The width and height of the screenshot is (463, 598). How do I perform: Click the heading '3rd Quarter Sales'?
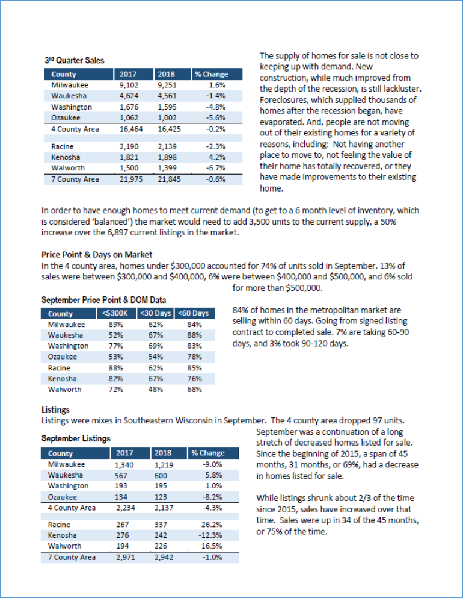(74, 60)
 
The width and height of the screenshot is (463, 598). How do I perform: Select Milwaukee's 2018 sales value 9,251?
(166, 86)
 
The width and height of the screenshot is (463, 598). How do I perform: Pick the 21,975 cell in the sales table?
(127, 179)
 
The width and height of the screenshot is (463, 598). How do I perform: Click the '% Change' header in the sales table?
(211, 75)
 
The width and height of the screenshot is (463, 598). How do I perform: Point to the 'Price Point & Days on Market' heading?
(97, 255)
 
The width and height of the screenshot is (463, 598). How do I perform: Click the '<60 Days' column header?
(193, 313)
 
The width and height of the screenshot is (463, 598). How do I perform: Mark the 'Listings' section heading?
(55, 410)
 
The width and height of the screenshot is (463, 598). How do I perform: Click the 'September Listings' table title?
(76, 438)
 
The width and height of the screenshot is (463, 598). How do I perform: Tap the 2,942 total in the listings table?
(162, 558)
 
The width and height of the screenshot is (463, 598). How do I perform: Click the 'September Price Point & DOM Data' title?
(103, 300)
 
